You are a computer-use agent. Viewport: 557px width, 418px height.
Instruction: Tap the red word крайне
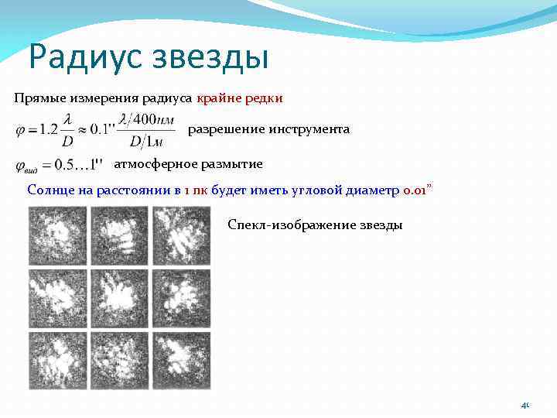[220, 98]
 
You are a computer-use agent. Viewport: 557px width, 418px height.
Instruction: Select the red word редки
[265, 98]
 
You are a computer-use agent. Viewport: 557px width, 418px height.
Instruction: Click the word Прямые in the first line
[38, 98]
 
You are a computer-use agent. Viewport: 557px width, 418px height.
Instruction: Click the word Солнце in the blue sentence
[50, 190]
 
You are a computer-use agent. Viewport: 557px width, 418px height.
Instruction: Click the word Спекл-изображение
[292, 224]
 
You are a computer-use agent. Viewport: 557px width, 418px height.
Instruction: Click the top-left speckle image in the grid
[56, 236]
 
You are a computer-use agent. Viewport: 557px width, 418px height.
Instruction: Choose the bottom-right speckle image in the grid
[181, 359]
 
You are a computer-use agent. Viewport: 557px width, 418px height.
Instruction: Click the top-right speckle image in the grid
[181, 236]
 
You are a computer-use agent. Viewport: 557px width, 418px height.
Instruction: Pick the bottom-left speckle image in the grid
[56, 359]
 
